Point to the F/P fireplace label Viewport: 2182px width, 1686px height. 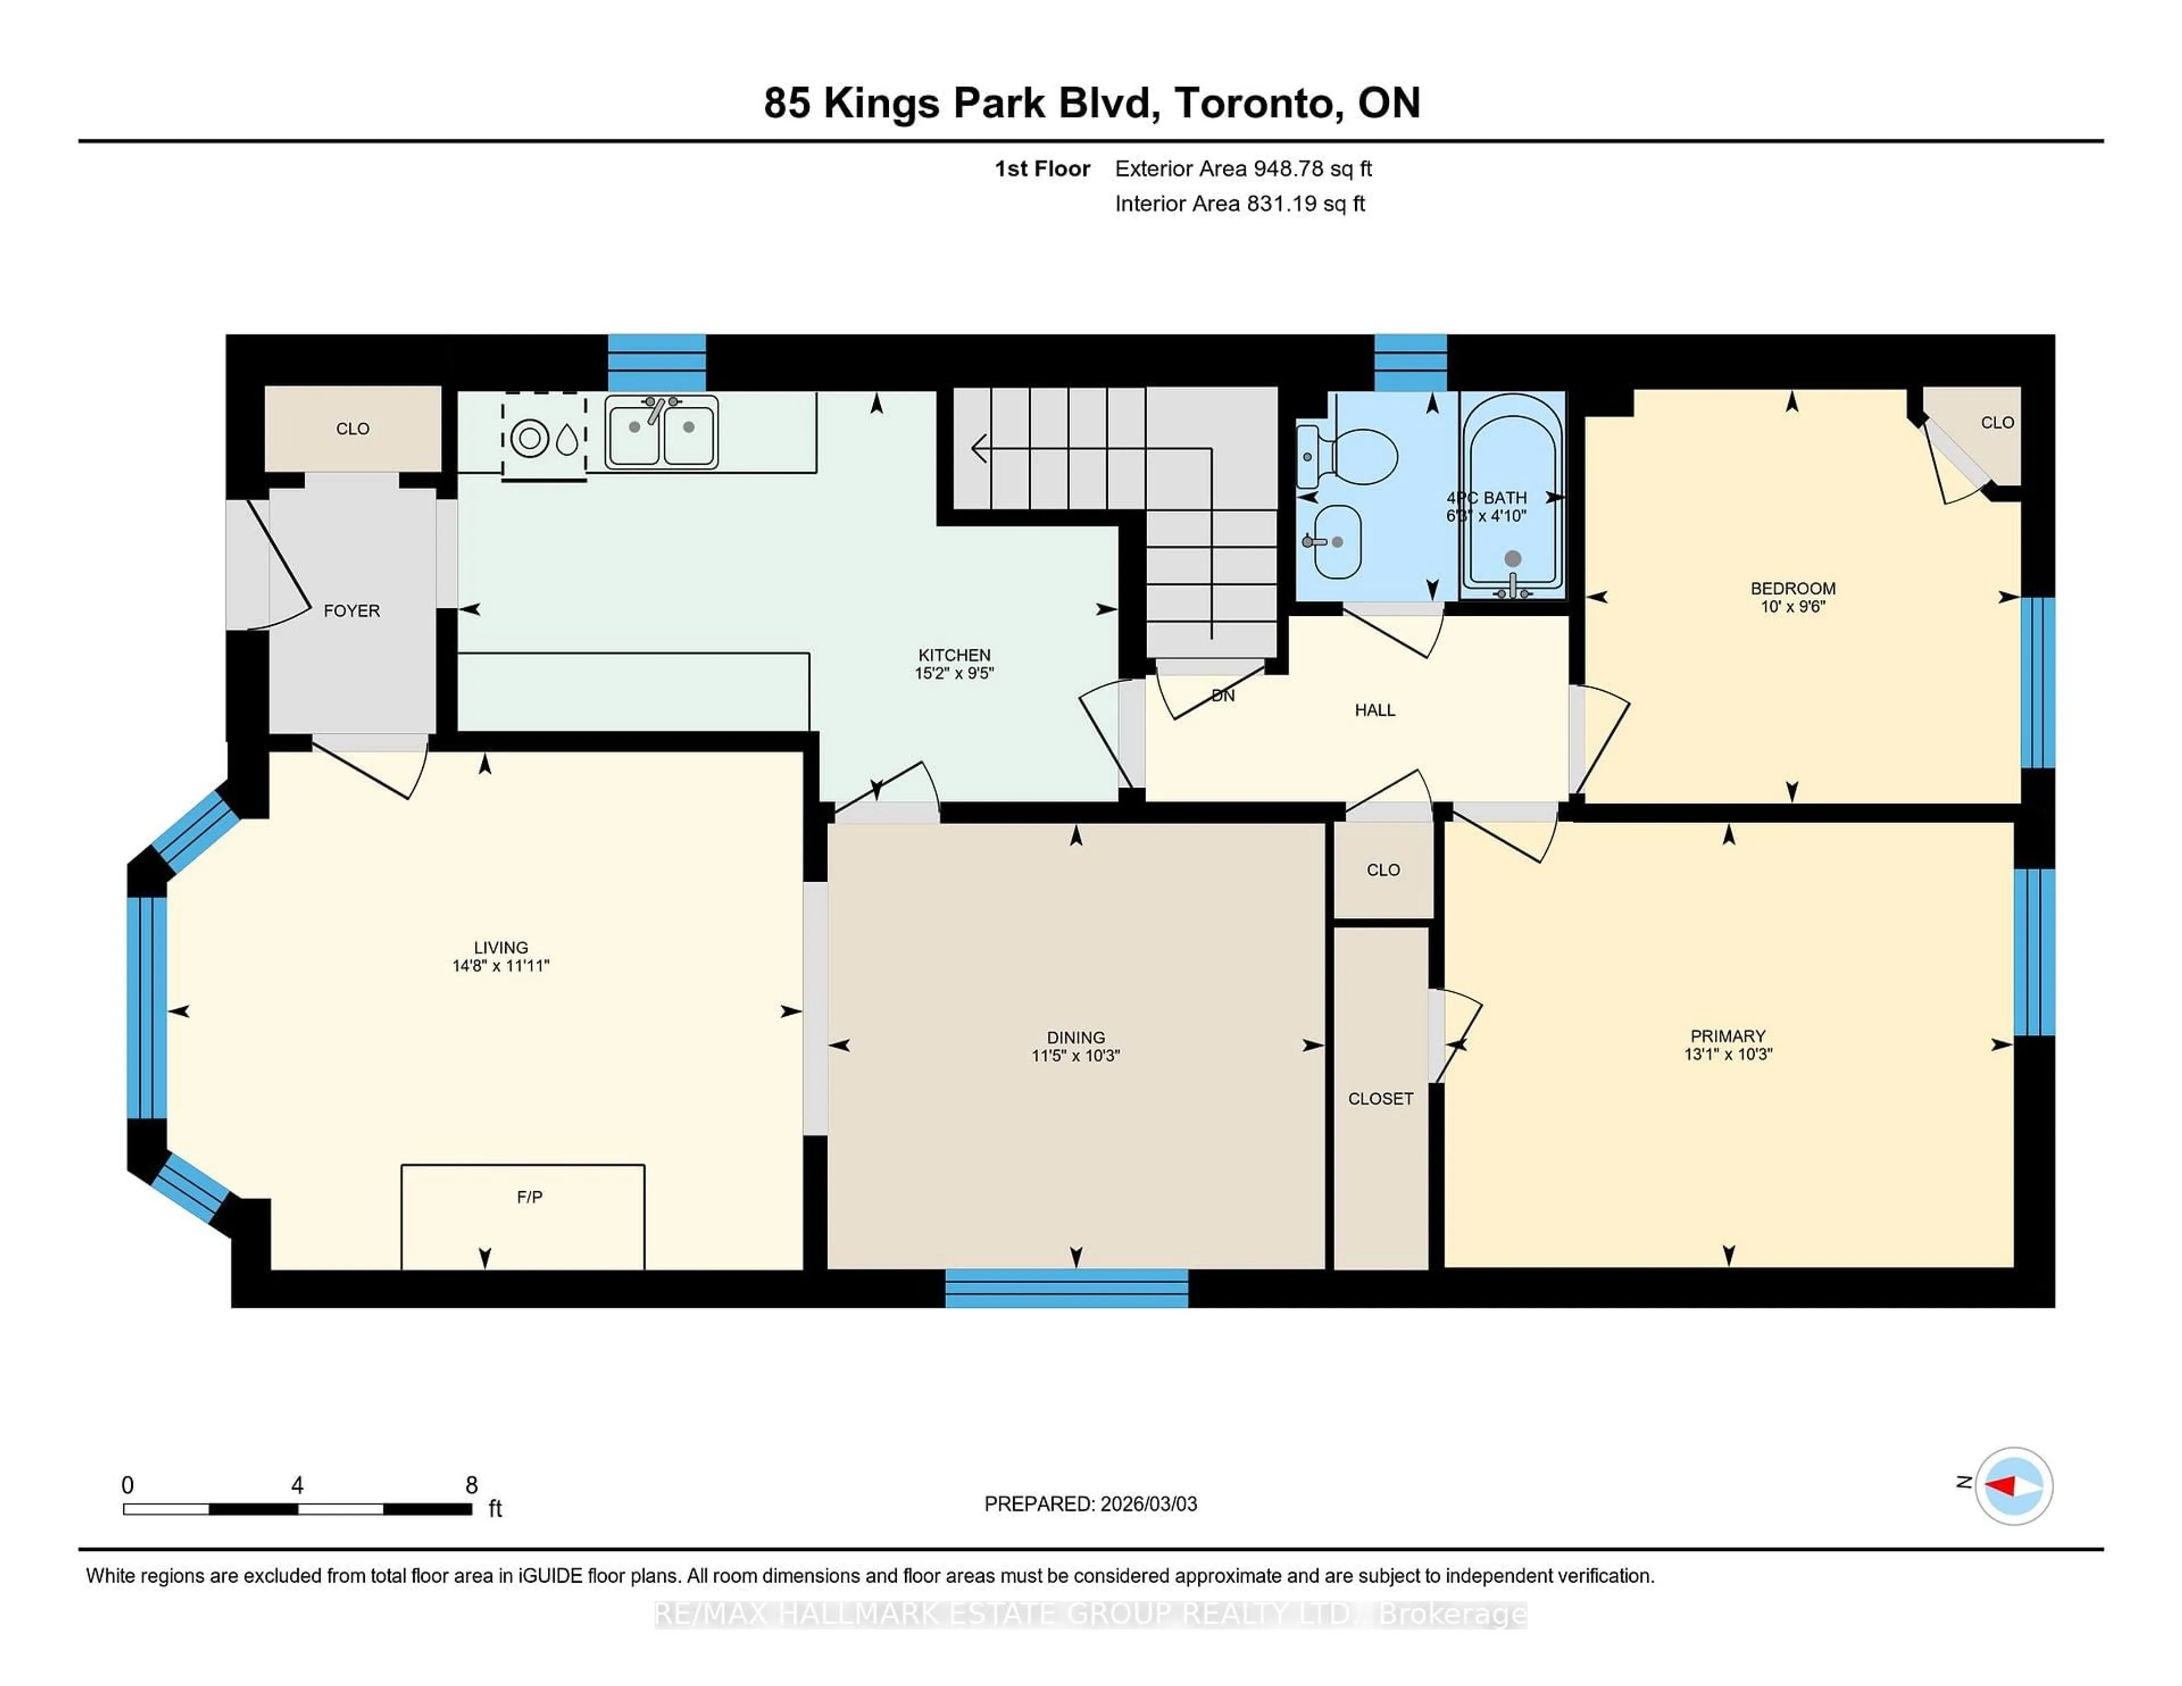pos(530,1196)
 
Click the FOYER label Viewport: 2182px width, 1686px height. pos(352,610)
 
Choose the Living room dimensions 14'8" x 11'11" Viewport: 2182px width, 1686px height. pos(501,966)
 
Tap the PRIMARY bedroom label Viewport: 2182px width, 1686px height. pos(1727,1036)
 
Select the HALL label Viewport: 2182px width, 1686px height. pos(1374,710)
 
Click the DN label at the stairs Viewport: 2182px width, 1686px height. pos(1223,695)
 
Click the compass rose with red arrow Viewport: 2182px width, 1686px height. pos(2013,1485)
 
